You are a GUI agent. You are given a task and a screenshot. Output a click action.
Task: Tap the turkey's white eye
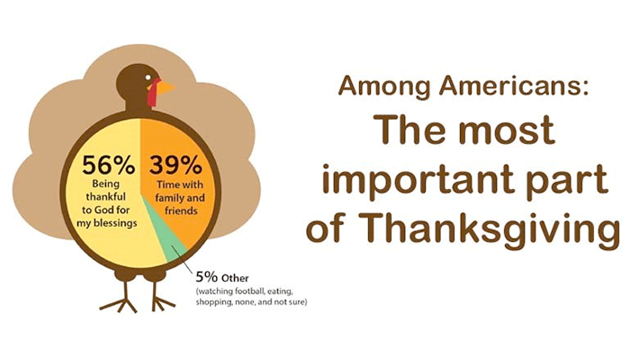click(x=149, y=76)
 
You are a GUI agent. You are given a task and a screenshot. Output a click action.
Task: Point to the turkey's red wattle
click(x=153, y=92)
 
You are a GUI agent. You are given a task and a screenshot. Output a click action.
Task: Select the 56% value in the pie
click(x=109, y=165)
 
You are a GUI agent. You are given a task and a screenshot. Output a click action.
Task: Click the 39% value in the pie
click(x=176, y=165)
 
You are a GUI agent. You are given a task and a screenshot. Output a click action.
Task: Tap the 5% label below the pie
click(x=207, y=277)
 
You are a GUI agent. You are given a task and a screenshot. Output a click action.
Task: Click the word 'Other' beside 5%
click(x=235, y=278)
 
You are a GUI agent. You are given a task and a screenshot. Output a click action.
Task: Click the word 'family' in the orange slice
click(x=169, y=198)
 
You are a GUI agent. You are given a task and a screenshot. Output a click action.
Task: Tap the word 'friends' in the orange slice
click(x=181, y=211)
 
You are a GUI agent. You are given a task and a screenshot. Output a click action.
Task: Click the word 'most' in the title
click(x=508, y=131)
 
